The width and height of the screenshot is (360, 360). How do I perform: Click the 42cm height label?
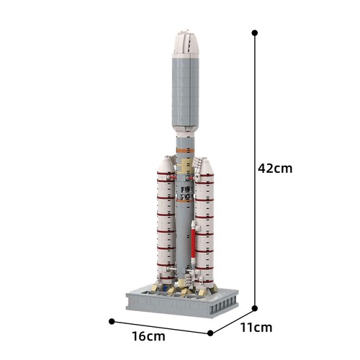275,168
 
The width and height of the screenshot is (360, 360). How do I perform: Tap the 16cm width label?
148,336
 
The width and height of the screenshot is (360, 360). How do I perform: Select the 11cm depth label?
256,328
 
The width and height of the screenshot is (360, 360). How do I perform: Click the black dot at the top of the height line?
255,33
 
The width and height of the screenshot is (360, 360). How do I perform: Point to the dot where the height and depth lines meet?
255,308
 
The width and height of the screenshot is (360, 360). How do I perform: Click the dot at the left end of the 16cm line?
112,321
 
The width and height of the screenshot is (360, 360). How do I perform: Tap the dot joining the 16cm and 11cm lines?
210,333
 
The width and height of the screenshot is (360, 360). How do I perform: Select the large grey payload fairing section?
185,92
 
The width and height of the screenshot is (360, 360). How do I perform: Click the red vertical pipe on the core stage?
193,243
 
